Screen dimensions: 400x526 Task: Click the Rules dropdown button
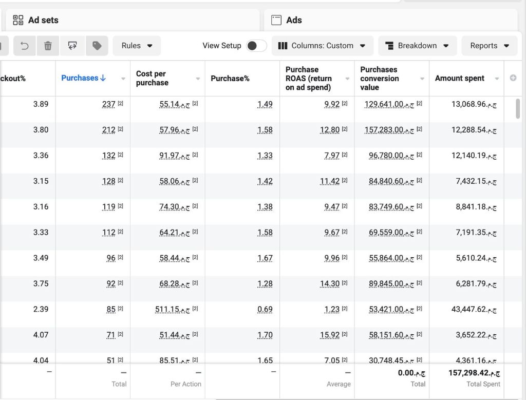137,46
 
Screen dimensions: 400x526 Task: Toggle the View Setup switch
256,46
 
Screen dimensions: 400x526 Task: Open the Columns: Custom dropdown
322,46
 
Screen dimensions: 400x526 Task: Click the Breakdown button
417,46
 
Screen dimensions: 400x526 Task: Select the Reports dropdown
489,46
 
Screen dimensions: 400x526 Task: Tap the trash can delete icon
48,46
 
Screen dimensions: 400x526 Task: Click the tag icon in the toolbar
97,46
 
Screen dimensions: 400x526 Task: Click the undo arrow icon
24,46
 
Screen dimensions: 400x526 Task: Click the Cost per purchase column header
152,78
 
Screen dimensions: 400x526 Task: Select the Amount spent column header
459,78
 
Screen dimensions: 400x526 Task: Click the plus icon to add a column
513,78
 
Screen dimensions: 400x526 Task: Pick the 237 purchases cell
109,104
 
